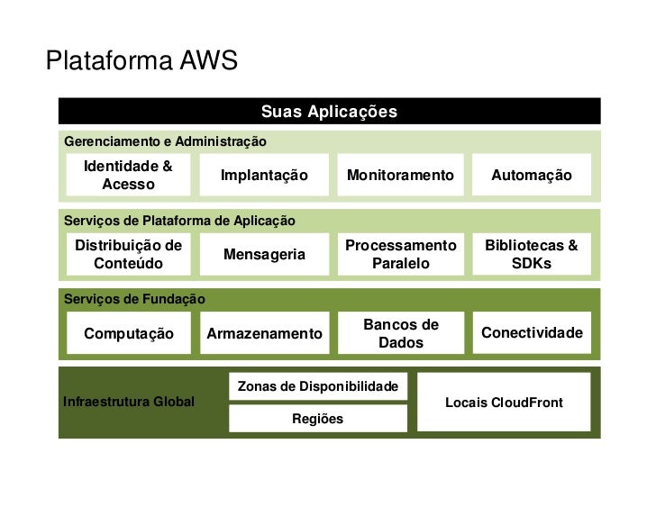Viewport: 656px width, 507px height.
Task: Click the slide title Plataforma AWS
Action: click(x=141, y=61)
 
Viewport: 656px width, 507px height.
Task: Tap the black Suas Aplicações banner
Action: click(x=329, y=112)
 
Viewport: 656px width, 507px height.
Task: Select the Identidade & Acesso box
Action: click(x=128, y=175)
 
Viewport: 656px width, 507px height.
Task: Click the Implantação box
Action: click(x=264, y=175)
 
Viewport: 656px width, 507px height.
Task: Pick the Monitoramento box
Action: click(x=399, y=175)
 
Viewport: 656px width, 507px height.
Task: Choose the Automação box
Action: click(x=531, y=175)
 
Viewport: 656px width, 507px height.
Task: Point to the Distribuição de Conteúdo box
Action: click(x=128, y=254)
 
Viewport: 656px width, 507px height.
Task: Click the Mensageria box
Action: click(x=264, y=254)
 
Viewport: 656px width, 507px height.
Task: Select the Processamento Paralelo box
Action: click(x=400, y=254)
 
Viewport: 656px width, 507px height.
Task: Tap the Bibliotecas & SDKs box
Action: click(x=531, y=254)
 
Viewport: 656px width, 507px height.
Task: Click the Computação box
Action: click(x=128, y=333)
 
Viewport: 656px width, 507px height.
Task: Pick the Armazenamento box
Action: click(x=264, y=333)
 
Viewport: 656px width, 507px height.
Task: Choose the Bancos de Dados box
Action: click(x=400, y=333)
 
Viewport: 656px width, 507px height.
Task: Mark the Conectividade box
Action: click(x=531, y=333)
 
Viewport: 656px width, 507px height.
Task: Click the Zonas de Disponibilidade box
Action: click(x=317, y=386)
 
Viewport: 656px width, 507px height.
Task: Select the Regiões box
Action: click(x=317, y=419)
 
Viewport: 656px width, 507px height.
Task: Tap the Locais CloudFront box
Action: click(x=504, y=402)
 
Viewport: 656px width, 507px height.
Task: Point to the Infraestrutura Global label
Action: click(x=128, y=402)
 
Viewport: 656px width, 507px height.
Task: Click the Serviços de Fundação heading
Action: click(x=134, y=299)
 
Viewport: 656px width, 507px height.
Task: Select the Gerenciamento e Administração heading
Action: click(x=165, y=141)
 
